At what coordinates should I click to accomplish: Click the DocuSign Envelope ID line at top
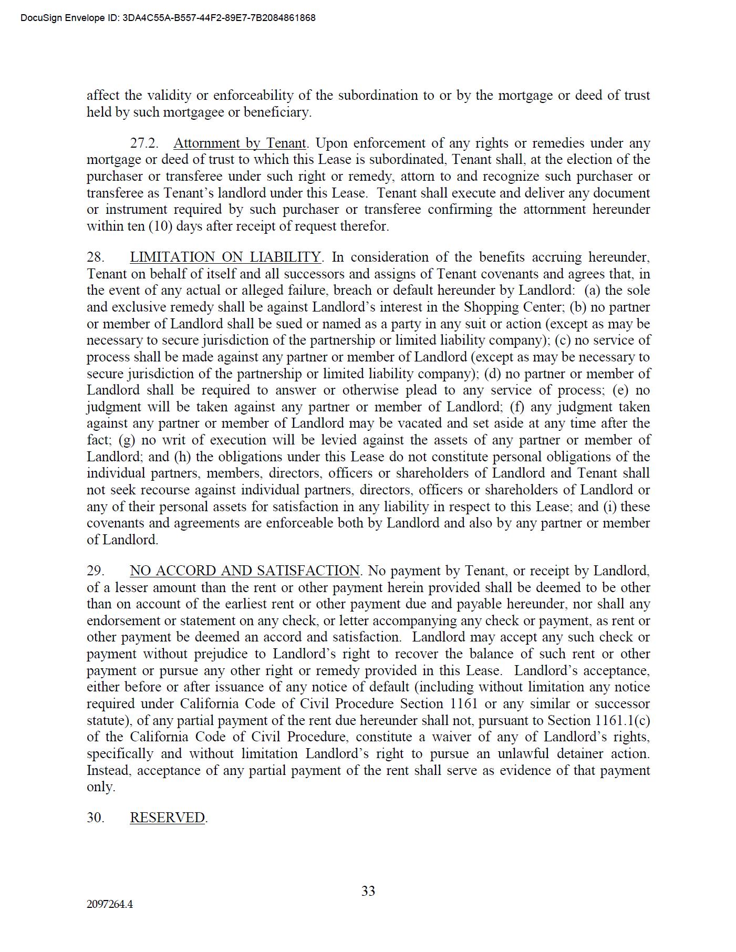click(x=168, y=18)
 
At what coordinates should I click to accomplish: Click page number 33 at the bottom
click(x=368, y=891)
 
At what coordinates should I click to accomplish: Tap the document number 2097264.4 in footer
click(x=110, y=904)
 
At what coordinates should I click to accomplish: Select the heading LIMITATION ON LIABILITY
click(x=225, y=257)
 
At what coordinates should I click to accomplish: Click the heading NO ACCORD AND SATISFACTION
click(x=245, y=571)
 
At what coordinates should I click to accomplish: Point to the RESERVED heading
click(x=168, y=818)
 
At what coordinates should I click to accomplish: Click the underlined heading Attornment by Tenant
click(x=240, y=143)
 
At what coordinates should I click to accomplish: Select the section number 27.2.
click(x=144, y=143)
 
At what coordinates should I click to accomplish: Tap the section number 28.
click(x=96, y=257)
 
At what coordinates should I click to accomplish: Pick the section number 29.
click(x=96, y=571)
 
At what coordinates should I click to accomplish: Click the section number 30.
click(x=96, y=818)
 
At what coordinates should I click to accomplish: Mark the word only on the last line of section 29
click(x=100, y=787)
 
